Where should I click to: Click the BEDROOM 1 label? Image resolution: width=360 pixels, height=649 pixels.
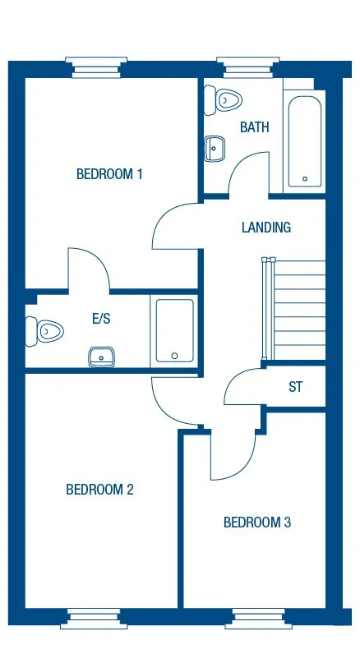point(110,174)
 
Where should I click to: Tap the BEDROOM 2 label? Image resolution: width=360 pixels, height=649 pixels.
point(99,490)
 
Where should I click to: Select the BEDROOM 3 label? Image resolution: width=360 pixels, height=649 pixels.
point(257,522)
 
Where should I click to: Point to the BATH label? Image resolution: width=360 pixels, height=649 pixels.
point(255,127)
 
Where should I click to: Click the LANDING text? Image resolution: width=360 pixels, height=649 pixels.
point(266,228)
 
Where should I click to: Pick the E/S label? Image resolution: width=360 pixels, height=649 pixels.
point(101,320)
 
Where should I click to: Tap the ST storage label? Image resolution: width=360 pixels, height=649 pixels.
point(295,387)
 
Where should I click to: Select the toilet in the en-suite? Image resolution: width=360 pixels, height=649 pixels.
point(48,331)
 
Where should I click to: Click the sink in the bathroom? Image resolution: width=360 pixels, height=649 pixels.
point(214,150)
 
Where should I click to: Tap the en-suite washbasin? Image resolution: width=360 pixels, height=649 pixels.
point(102,356)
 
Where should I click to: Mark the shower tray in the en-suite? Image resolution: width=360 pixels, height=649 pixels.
point(174,330)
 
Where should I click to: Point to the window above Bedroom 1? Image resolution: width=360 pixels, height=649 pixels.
point(96,67)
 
